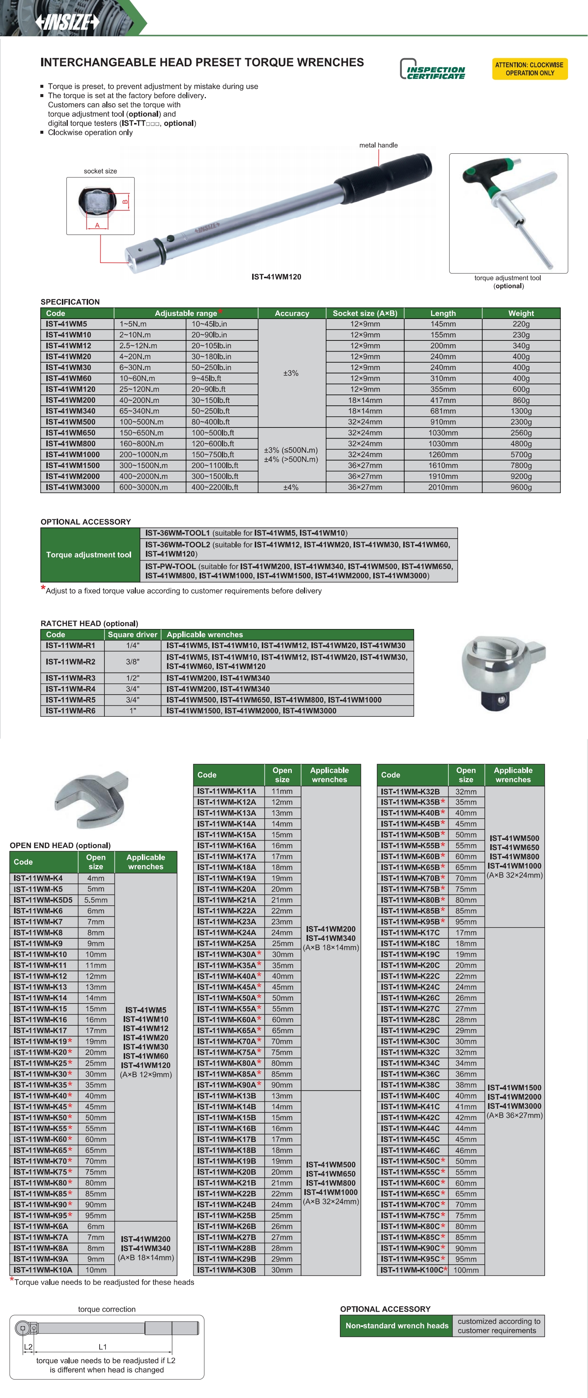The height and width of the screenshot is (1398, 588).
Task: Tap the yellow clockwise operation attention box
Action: (x=529, y=69)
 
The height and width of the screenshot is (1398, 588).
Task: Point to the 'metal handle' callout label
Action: (x=378, y=145)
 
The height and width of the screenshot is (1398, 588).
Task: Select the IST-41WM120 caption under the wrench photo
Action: (x=276, y=277)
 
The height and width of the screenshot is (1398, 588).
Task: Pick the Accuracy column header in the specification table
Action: (x=292, y=313)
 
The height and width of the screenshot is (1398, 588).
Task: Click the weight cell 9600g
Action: (x=521, y=487)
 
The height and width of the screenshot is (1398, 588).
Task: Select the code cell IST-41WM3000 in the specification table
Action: (x=73, y=487)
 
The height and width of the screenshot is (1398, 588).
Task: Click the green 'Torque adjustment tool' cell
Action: (x=89, y=555)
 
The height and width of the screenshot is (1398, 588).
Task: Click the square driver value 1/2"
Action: (x=132, y=678)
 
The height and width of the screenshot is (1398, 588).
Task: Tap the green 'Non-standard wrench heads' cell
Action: (x=397, y=1326)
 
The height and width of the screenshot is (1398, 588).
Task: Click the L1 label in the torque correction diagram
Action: (x=103, y=1347)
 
